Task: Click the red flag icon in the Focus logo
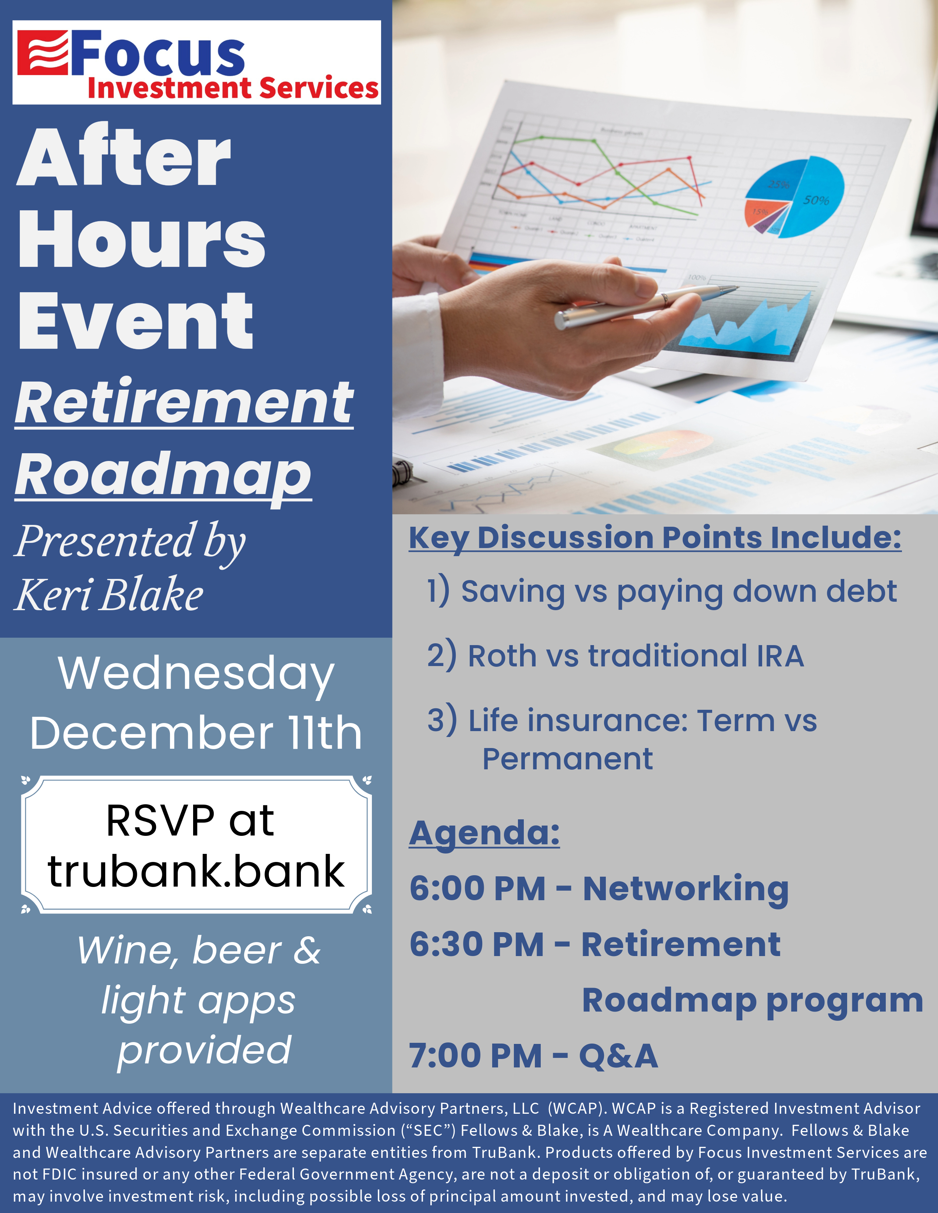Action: click(43, 53)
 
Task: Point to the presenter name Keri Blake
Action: click(109, 595)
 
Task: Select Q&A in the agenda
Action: click(618, 1056)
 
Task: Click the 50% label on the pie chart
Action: click(816, 200)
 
